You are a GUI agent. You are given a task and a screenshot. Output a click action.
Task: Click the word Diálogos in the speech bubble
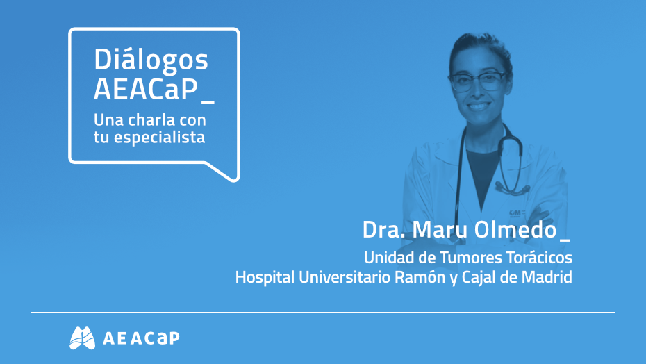tap(151, 61)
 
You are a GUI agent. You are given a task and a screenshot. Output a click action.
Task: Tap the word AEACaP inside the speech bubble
tap(145, 90)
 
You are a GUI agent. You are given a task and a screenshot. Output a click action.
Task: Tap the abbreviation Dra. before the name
tap(383, 229)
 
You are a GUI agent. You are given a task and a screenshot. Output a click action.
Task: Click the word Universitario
tap(335, 277)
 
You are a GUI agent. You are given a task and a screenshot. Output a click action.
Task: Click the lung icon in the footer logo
tap(82, 338)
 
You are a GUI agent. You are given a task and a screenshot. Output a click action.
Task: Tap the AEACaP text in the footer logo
tap(140, 338)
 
